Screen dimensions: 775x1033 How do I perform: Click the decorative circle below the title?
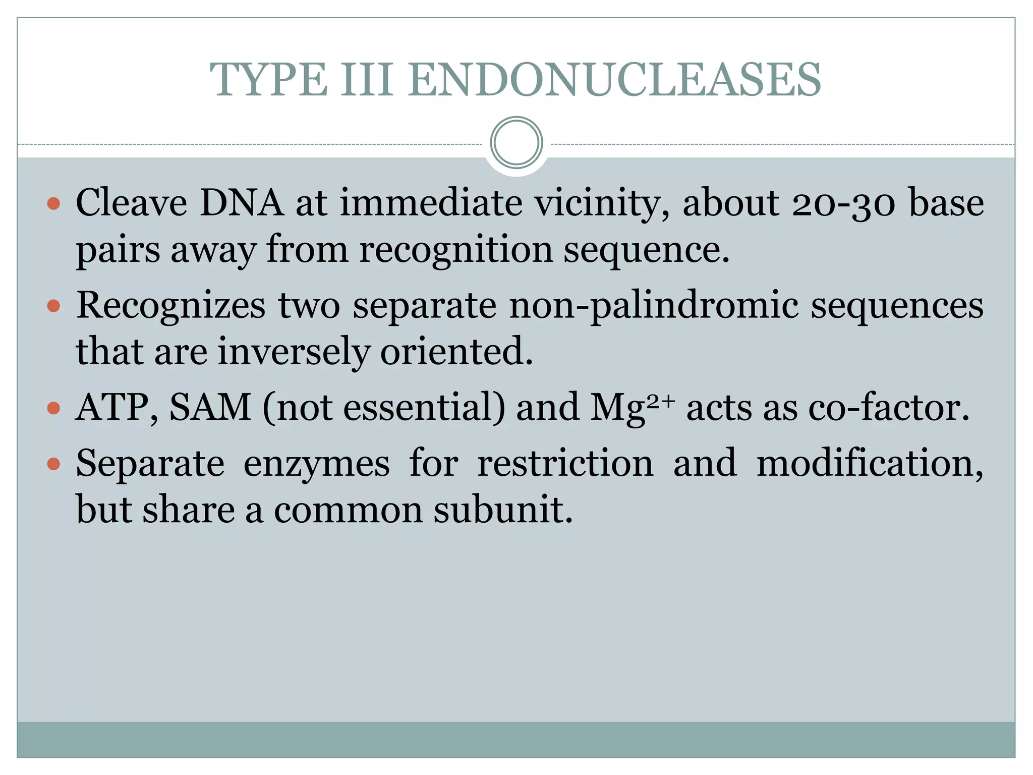(516, 143)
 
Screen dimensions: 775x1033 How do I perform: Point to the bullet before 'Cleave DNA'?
(53, 204)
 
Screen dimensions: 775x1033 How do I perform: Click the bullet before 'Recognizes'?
(53, 306)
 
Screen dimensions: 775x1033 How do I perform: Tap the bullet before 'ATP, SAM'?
(53, 408)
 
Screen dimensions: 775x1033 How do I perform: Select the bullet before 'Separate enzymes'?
(53, 464)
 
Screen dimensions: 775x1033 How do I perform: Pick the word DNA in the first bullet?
(242, 203)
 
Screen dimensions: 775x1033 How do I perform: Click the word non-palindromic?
(654, 306)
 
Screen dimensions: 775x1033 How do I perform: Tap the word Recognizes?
(170, 306)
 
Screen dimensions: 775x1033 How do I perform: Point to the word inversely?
(294, 352)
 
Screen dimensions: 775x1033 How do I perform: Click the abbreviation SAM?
(210, 408)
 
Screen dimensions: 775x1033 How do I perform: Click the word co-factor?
(889, 408)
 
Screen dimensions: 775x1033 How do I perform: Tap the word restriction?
(565, 463)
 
